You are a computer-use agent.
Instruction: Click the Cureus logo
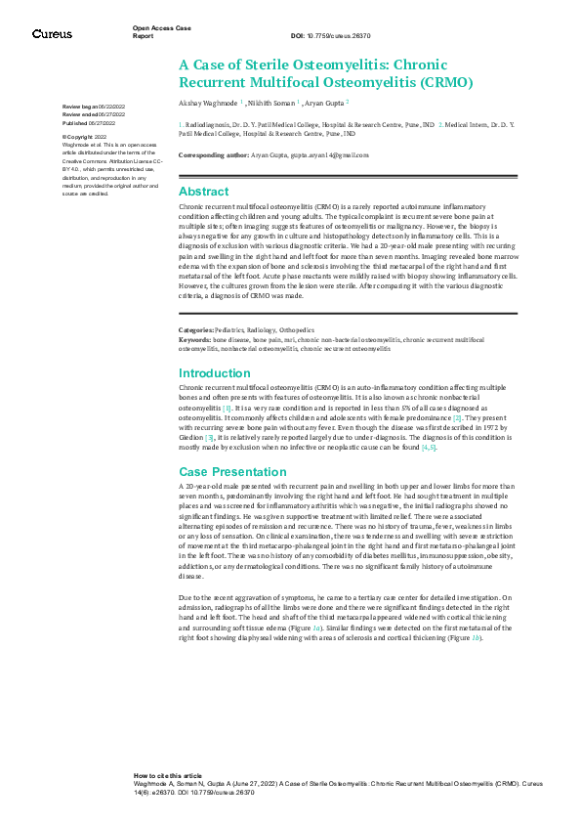[x=52, y=34]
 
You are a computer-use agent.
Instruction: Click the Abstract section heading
[x=203, y=192]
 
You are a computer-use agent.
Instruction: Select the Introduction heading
[x=214, y=373]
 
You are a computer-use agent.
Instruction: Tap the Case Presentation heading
[x=228, y=471]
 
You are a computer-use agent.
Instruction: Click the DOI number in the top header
[x=328, y=35]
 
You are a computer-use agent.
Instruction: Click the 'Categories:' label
[x=196, y=303]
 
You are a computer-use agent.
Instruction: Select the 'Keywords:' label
[x=195, y=311]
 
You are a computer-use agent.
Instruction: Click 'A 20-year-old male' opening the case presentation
[x=213, y=486]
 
